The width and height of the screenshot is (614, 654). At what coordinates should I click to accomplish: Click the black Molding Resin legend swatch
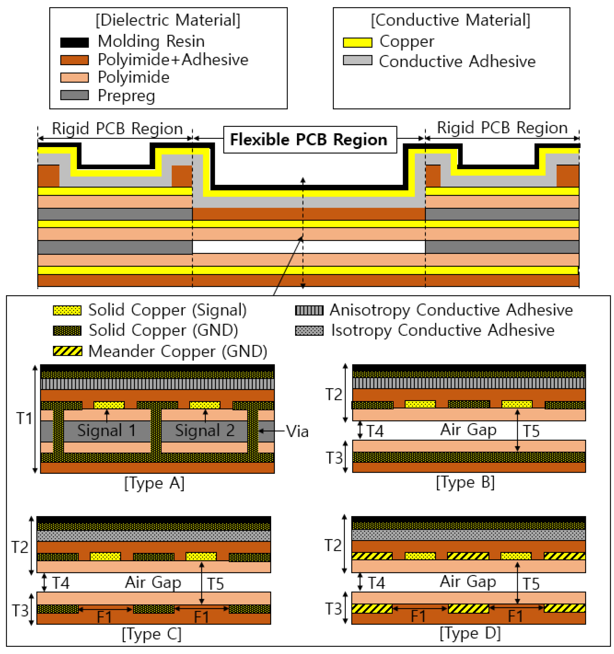pyautogui.click(x=74, y=42)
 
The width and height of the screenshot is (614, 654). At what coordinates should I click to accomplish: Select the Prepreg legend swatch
pyautogui.click(x=74, y=95)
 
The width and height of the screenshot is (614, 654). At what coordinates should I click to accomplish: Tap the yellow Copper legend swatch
pyautogui.click(x=357, y=42)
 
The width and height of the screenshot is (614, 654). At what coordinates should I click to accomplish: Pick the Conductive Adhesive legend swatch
pyautogui.click(x=357, y=60)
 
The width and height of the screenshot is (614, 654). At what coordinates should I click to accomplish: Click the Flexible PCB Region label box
pyautogui.click(x=309, y=139)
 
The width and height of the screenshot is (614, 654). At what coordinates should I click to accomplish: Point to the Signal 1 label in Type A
pyautogui.click(x=107, y=430)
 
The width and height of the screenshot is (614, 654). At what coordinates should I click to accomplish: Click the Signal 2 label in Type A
pyautogui.click(x=205, y=430)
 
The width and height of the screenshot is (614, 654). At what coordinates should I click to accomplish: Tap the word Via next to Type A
pyautogui.click(x=297, y=431)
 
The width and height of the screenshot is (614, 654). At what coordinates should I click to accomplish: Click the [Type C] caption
pyautogui.click(x=151, y=634)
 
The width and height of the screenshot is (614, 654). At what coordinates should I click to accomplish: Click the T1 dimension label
pyautogui.click(x=24, y=418)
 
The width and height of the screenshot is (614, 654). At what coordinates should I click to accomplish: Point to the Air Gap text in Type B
pyautogui.click(x=468, y=430)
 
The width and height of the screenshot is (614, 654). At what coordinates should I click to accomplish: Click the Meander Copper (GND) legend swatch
pyautogui.click(x=67, y=351)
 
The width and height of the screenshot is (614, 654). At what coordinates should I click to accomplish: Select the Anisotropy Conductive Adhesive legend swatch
pyautogui.click(x=309, y=310)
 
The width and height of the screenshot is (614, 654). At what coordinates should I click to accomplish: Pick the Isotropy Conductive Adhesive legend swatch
pyautogui.click(x=309, y=331)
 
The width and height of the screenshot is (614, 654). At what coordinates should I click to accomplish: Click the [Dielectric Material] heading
pyautogui.click(x=168, y=20)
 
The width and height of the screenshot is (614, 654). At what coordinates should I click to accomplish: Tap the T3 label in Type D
pyautogui.click(x=334, y=609)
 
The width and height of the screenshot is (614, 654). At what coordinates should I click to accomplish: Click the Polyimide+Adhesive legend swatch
pyautogui.click(x=74, y=60)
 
